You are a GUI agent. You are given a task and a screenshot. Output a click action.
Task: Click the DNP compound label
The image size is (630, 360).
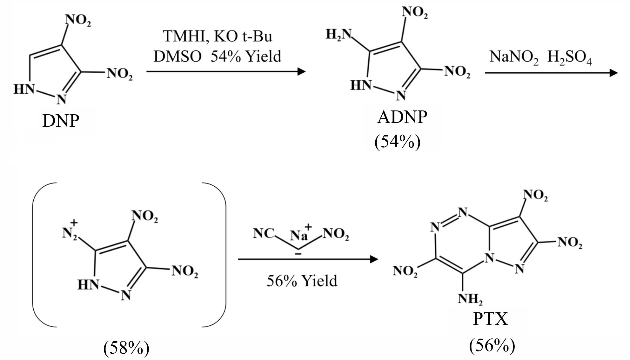[x=61, y=121]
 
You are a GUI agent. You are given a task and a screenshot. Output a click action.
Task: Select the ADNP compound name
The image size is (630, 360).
[x=402, y=117]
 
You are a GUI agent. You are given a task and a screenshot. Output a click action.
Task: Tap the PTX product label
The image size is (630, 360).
[x=490, y=319]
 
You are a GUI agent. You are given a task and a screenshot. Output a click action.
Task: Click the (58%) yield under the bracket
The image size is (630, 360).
[x=126, y=348]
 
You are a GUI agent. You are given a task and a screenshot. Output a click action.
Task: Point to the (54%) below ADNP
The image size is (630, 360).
[x=398, y=142]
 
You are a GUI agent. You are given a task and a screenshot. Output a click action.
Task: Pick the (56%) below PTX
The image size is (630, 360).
[x=492, y=345]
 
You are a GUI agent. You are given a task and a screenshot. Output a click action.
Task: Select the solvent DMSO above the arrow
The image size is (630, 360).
[x=178, y=57]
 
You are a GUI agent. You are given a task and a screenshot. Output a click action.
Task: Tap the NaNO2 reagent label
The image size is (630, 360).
[x=514, y=57]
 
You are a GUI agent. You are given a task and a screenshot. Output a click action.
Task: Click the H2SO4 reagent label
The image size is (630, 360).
[x=570, y=57]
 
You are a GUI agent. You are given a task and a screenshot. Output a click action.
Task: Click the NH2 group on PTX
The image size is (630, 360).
[x=470, y=299]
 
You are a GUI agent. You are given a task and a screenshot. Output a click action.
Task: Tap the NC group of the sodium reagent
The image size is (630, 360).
[x=263, y=234]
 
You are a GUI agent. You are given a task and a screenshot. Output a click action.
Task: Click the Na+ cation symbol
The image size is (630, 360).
[x=301, y=233]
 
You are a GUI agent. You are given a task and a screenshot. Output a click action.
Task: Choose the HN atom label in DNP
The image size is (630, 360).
[x=23, y=89]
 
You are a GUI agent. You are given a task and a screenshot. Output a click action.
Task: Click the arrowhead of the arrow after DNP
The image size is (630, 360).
[x=301, y=71]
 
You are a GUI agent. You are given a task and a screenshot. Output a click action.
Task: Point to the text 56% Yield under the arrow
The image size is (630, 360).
[x=302, y=281]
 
